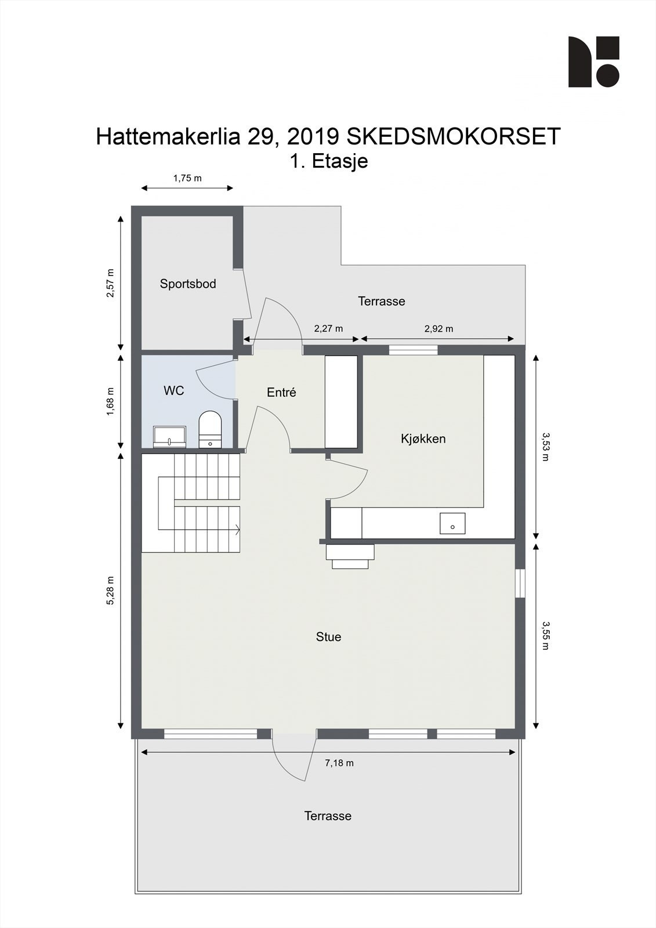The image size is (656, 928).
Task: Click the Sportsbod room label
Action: (188, 284)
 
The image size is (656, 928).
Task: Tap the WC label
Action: (174, 391)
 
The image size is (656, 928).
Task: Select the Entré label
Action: (281, 393)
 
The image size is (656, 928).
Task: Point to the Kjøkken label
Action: (423, 438)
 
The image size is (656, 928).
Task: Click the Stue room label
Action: (328, 637)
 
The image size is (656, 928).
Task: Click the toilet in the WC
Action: (210, 429)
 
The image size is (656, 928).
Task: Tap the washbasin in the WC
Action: (169, 437)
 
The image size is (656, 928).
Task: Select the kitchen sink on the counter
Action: (452, 523)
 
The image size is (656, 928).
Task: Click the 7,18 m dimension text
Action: (339, 763)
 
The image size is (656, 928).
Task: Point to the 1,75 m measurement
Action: (187, 178)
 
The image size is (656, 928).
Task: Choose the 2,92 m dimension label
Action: (438, 329)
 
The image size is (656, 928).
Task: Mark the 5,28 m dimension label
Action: (111, 590)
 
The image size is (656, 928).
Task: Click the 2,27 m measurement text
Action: (328, 329)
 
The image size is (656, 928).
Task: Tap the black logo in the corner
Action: (593, 62)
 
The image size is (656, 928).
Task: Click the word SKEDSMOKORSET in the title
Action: (454, 137)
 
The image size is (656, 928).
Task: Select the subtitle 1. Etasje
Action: (329, 161)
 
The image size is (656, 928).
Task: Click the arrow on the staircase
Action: (238, 529)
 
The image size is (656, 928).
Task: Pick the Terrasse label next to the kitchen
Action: (381, 301)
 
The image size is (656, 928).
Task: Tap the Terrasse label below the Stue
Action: (328, 816)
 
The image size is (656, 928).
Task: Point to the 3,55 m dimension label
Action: (545, 635)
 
